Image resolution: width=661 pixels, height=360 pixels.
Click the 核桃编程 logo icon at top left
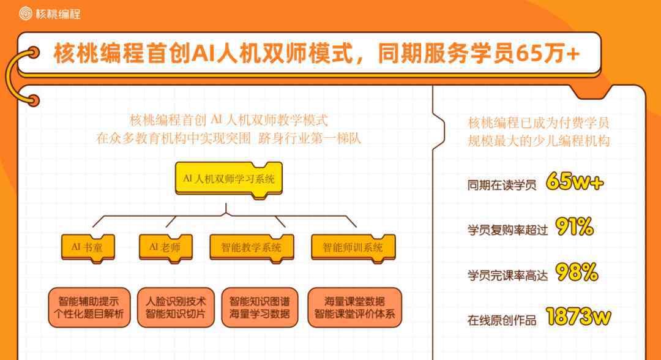pos(26,13)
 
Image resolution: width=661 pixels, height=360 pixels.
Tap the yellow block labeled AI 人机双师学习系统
pos(229,179)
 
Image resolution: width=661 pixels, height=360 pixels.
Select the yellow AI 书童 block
pos(88,248)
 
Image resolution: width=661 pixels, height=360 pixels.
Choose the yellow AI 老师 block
pos(166,248)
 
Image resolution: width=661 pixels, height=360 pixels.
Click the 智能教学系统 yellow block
pos(252,248)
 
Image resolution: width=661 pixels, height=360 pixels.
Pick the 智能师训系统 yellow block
pos(353,248)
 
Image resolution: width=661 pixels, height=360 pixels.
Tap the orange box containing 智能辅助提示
pos(89,308)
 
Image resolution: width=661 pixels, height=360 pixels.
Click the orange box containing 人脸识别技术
pos(176,308)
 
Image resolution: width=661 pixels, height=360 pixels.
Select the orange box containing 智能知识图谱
pos(260,308)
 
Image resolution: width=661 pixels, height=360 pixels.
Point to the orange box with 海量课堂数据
pos(354,308)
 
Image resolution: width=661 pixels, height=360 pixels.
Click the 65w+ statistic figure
pos(575,182)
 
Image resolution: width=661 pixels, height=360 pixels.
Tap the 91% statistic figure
pos(575,227)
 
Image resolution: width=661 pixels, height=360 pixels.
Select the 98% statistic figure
pos(577,272)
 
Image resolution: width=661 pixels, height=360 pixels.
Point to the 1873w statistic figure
pos(578,317)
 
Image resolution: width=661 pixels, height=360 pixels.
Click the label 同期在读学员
pos(502,185)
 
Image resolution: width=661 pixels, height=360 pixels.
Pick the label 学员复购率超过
pos(507,230)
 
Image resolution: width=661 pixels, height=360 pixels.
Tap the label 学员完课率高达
pos(507,276)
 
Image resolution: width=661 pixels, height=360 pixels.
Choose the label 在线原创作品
pos(502,320)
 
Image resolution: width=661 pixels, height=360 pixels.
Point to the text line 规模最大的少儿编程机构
pos(539,140)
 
